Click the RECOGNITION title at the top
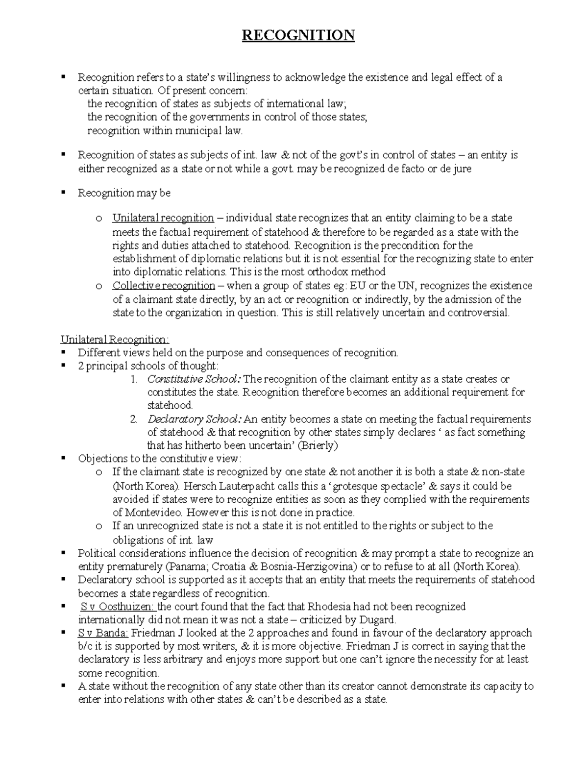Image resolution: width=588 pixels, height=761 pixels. pyautogui.click(x=298, y=35)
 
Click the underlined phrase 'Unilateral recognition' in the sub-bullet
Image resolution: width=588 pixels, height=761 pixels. pyautogui.click(x=163, y=218)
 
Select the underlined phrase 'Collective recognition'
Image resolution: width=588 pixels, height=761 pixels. pyautogui.click(x=164, y=286)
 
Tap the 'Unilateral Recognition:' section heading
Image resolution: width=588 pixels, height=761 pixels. pyautogui.click(x=115, y=340)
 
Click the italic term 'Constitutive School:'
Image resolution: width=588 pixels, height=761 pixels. pyautogui.click(x=194, y=379)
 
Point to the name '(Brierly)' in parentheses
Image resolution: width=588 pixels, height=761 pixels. pyautogui.click(x=318, y=446)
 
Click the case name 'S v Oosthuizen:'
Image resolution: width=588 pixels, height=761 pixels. pyautogui.click(x=117, y=607)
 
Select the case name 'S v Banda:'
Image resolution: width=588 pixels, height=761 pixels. pyautogui.click(x=103, y=633)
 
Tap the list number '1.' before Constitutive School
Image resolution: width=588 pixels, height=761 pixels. pyautogui.click(x=134, y=379)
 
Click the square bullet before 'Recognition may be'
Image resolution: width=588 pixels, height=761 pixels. pyautogui.click(x=63, y=193)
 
